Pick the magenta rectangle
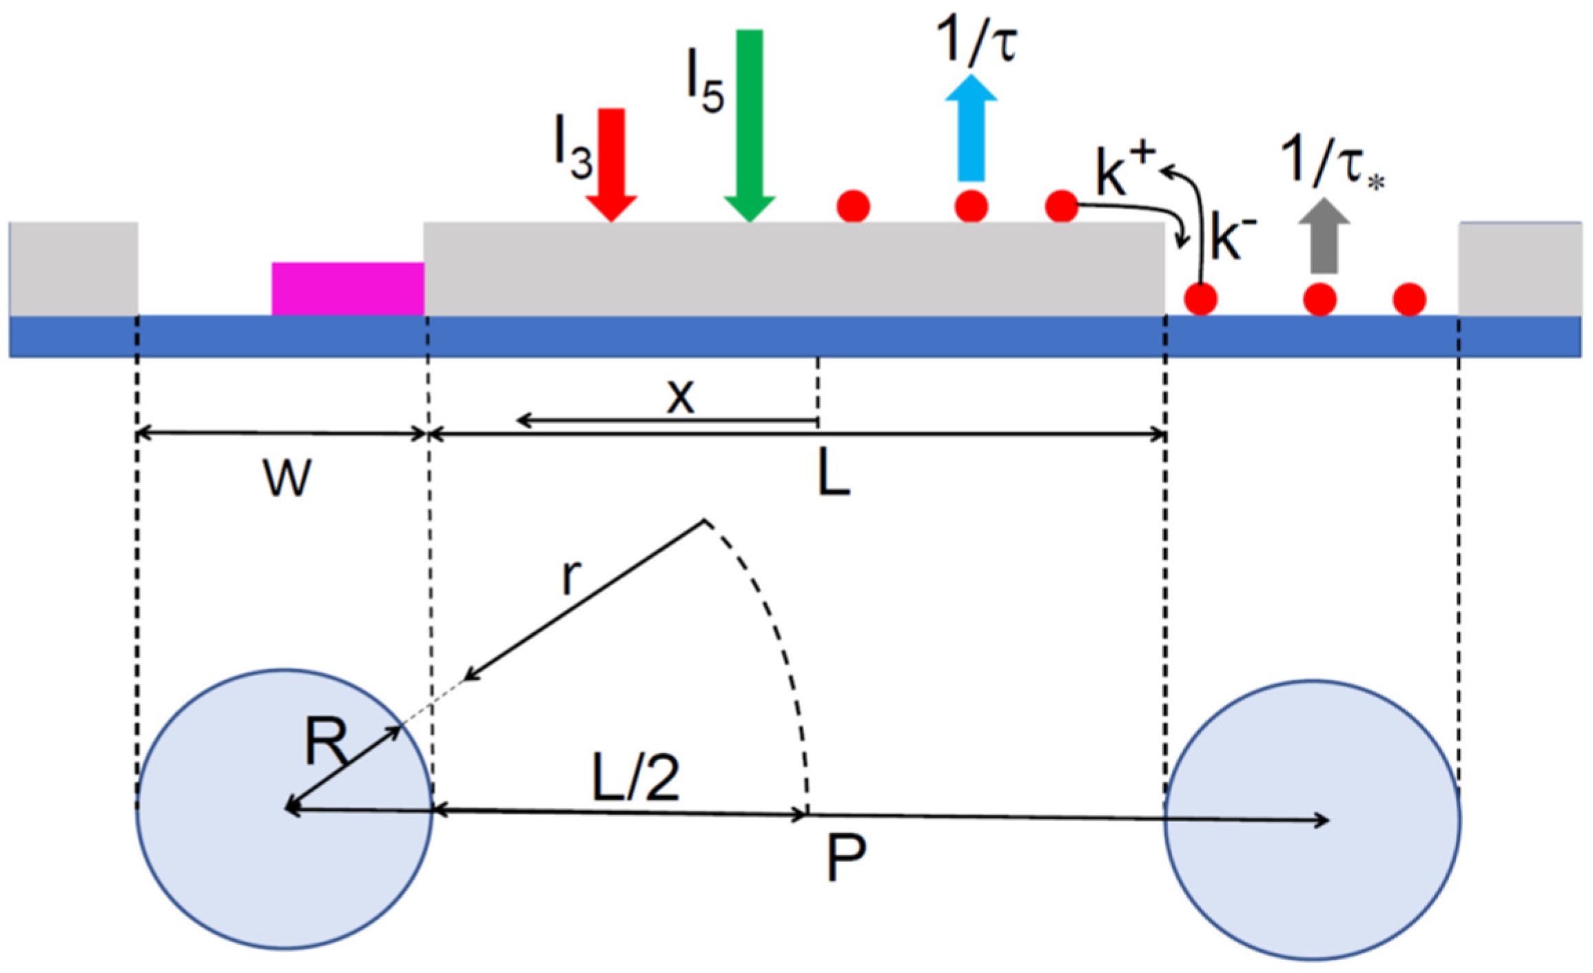coord(347,289)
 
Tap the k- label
coord(1233,238)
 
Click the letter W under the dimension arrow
coord(287,478)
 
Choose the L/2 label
coord(635,777)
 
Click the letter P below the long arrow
coord(845,857)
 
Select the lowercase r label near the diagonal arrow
coord(571,576)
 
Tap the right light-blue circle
coord(1312,820)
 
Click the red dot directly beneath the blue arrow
coord(972,205)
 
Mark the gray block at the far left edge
coord(73,268)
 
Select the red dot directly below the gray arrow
coord(1319,299)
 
